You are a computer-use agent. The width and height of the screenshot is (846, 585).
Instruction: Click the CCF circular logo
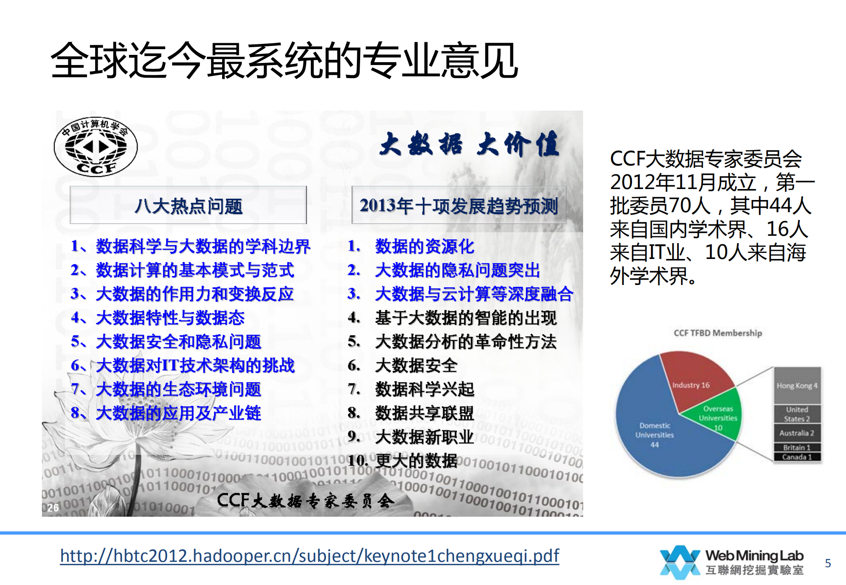(96, 147)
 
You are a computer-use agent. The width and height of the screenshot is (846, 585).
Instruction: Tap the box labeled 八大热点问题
(188, 205)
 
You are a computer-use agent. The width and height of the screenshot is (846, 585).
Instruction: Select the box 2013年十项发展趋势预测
(459, 205)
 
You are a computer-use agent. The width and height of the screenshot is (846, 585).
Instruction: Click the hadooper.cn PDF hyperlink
(309, 556)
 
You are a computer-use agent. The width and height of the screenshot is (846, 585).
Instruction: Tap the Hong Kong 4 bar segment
(797, 385)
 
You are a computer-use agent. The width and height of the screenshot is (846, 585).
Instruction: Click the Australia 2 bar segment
(797, 433)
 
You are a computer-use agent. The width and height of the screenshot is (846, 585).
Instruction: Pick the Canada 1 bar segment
(797, 457)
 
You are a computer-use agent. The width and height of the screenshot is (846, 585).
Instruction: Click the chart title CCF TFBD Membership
(718, 333)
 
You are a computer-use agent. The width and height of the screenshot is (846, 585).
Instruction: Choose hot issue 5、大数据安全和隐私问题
(166, 341)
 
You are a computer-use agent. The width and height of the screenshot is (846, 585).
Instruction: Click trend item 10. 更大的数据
(403, 460)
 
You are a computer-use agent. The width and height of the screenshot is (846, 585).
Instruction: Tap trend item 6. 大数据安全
(403, 365)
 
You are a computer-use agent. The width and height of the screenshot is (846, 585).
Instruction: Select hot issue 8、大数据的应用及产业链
(166, 413)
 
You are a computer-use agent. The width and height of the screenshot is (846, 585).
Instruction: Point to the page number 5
(828, 563)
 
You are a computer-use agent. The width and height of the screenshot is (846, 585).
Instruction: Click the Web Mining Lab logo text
(754, 561)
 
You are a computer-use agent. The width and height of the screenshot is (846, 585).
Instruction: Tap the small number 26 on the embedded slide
(53, 507)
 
